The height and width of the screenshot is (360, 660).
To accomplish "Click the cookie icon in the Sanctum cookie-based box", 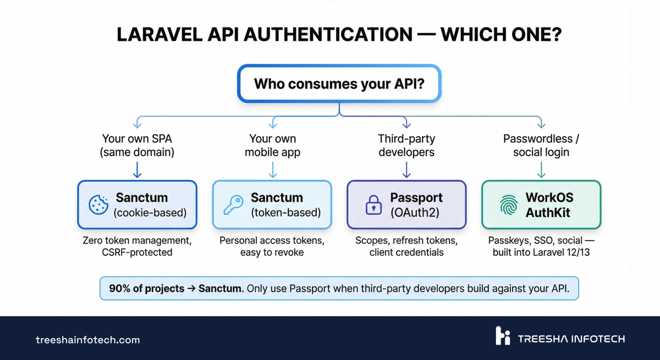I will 98,204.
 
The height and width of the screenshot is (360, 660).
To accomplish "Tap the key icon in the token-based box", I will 233,204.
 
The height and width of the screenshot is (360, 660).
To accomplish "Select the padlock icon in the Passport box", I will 373,204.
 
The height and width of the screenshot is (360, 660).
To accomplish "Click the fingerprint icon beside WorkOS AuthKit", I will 508,204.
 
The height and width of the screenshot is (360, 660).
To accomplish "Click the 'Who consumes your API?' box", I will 339,84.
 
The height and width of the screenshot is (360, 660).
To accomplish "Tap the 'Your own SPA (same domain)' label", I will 137,146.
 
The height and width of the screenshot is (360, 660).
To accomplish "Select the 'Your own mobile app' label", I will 272,146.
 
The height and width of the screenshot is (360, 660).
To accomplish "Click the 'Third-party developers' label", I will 406,146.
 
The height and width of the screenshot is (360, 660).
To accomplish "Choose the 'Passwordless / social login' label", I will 541,146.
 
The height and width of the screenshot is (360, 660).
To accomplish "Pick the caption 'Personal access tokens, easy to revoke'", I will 272,246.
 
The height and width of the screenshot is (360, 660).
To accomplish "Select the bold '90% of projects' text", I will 146,289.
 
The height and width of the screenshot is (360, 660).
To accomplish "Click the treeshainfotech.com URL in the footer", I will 88,340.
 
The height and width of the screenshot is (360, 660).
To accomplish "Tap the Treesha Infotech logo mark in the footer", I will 503,336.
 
